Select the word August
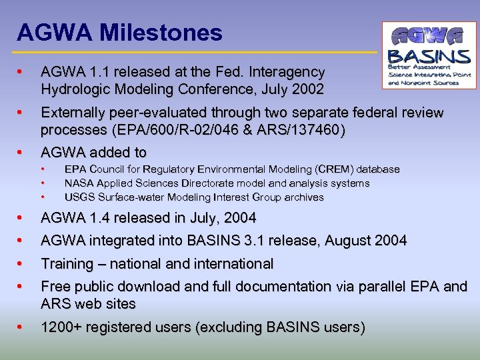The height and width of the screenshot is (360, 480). [x=350, y=241]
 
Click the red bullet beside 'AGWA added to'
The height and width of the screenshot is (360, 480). [x=21, y=153]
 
